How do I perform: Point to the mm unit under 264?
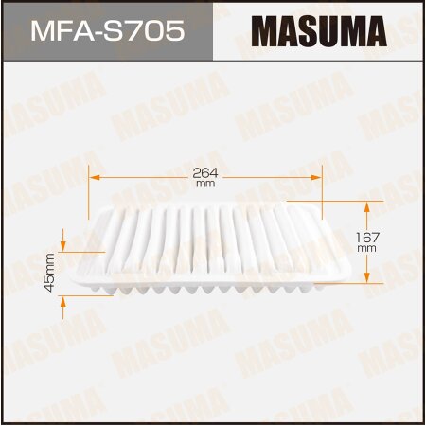pos(205,186)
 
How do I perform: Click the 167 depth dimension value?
pos(368,238)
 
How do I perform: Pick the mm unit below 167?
pos(368,249)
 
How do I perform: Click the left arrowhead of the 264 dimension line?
pos(93,176)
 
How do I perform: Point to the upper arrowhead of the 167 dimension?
pos(368,204)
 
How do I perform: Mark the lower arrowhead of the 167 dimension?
pos(368,281)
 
